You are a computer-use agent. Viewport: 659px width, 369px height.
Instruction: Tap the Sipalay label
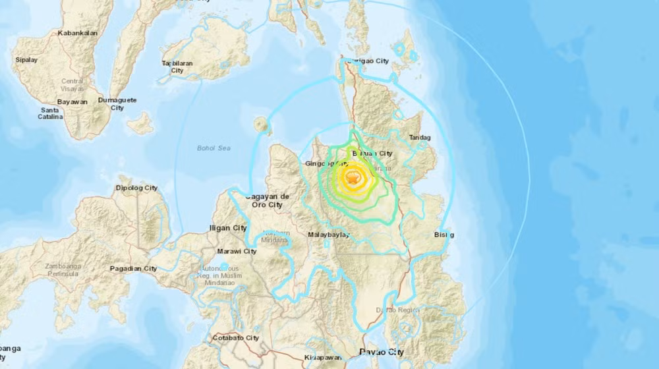26,60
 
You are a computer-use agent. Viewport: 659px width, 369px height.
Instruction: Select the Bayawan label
72,102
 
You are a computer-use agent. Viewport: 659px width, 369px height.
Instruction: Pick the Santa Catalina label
51,113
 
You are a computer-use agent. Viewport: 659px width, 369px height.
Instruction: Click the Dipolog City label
137,188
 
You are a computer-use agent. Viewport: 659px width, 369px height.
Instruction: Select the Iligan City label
227,228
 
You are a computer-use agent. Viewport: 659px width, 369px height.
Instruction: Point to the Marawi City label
237,251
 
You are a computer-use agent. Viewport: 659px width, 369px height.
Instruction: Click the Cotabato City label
235,338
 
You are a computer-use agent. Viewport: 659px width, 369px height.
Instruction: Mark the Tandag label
420,138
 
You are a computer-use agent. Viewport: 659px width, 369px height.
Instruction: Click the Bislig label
444,235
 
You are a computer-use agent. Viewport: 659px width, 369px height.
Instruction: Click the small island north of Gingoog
262,123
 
